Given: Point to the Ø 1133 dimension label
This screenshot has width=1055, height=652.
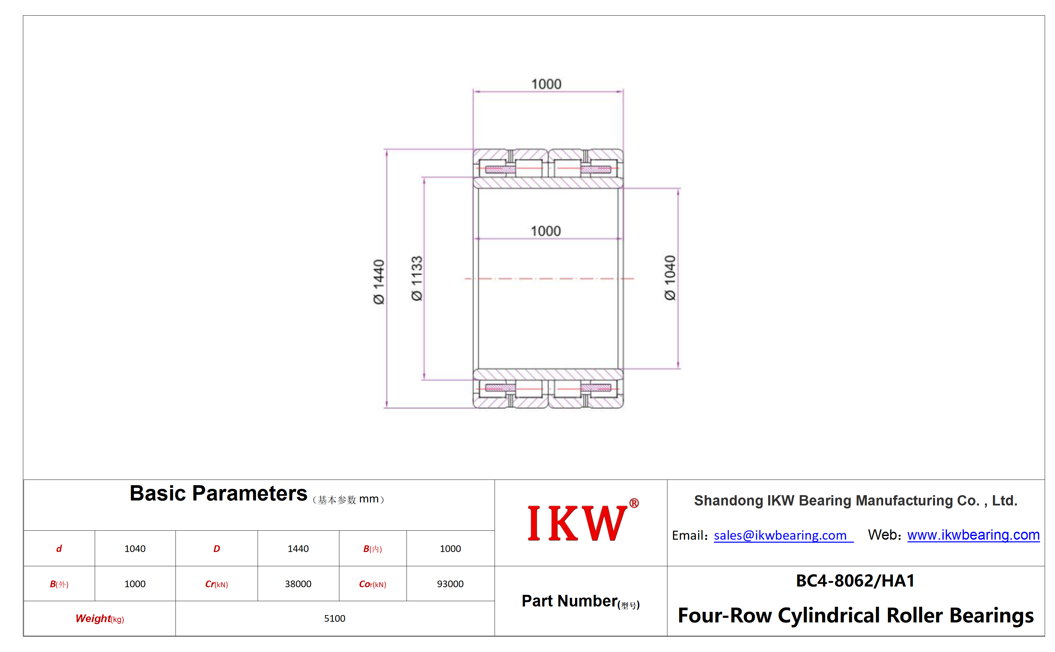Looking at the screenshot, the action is (417, 278).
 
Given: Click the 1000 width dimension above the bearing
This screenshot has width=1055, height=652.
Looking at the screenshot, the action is (546, 84).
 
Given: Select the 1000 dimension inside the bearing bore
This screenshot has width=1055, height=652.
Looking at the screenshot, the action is (546, 231).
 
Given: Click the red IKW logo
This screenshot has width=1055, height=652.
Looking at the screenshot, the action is (577, 523).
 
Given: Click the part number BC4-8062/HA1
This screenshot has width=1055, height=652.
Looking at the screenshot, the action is (855, 581).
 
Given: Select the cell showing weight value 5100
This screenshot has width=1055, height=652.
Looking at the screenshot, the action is (335, 618).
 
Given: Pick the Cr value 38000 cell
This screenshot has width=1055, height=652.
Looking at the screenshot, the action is (298, 584).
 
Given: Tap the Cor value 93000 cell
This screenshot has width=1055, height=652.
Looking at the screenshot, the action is (450, 584).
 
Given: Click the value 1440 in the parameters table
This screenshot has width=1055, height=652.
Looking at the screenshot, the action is (298, 549).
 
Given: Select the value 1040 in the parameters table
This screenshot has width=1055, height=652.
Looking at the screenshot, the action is (135, 549).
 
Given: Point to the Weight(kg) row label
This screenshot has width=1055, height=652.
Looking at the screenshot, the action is (100, 619).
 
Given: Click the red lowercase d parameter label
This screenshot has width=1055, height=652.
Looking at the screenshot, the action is (59, 549).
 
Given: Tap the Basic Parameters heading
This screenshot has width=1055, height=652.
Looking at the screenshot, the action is (218, 493).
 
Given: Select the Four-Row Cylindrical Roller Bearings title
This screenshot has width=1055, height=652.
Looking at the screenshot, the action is (856, 615).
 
